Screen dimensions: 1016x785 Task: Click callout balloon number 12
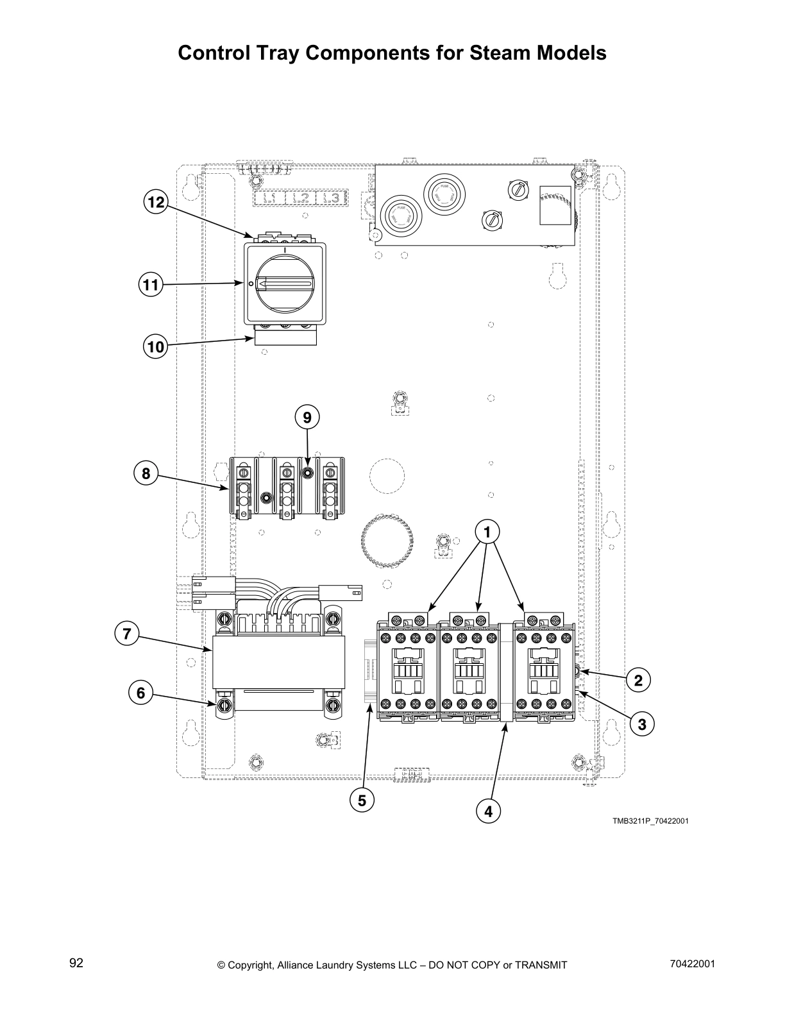[155, 203]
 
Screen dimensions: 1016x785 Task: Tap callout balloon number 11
[150, 284]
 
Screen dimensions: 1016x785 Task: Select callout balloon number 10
[155, 347]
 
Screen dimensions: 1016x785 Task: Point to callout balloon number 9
[307, 418]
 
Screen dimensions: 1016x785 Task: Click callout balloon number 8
[146, 474]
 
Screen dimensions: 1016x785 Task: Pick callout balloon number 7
[127, 634]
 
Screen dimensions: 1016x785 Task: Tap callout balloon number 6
[141, 693]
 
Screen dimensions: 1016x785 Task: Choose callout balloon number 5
[362, 800]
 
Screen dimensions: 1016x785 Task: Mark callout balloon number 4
[489, 811]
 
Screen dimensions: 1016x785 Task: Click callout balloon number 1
[487, 532]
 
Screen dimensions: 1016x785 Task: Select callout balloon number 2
[638, 681]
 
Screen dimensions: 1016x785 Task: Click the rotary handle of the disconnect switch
[284, 284]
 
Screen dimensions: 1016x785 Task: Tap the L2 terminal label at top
[300, 198]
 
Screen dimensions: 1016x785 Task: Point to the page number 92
[76, 963]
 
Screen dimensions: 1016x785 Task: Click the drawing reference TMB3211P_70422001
[650, 821]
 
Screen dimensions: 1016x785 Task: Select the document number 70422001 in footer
[692, 964]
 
